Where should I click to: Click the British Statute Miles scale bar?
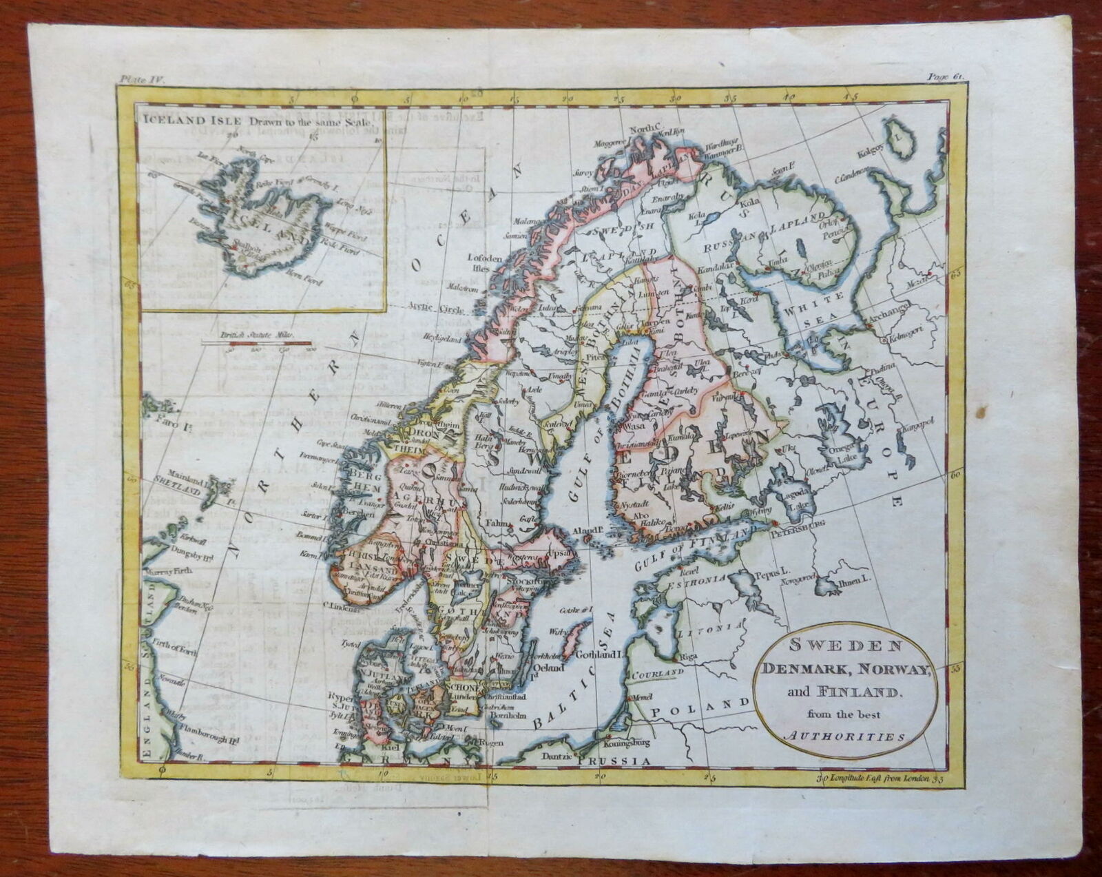tap(256, 342)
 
